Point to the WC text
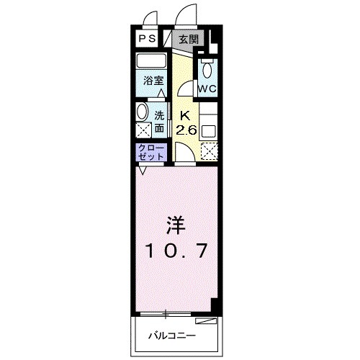tap(208, 89)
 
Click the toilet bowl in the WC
tap(208, 71)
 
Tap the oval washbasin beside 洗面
tap(141, 114)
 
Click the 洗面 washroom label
tap(160, 122)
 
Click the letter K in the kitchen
tap(184, 116)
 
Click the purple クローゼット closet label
tap(152, 152)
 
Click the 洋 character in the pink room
tap(175, 226)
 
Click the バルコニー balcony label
tap(173, 336)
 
